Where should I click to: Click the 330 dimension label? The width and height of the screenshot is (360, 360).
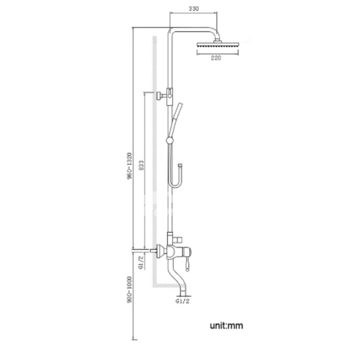tap(194, 9)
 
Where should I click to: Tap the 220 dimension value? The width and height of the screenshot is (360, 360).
tap(216, 58)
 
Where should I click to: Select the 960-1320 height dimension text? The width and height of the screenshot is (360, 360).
tap(130, 166)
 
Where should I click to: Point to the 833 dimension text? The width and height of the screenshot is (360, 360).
tap(141, 165)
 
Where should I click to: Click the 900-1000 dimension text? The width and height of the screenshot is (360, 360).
tap(130, 290)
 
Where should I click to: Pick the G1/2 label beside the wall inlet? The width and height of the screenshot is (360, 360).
tap(141, 262)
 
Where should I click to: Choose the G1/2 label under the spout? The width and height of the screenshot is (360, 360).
tap(183, 301)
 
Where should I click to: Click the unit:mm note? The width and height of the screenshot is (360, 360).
tap(226, 325)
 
